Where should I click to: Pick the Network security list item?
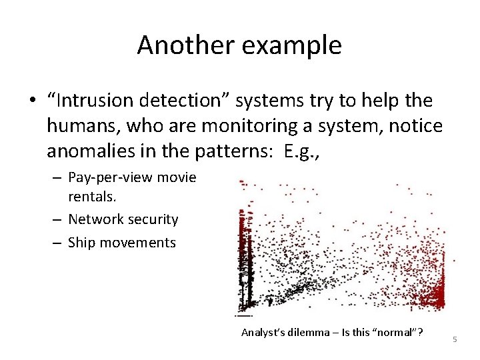[123, 219]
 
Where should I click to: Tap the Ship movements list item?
[122, 243]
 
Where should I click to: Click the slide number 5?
[455, 340]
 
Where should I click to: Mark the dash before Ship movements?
[58, 243]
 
